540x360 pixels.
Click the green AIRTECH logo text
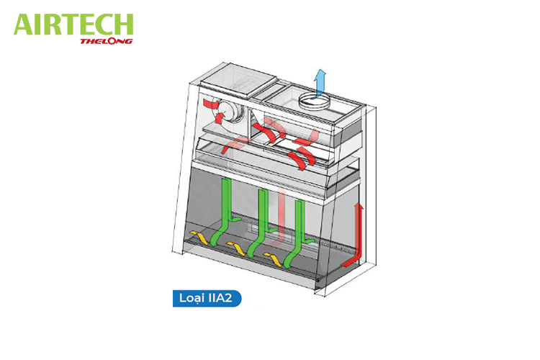[73, 24]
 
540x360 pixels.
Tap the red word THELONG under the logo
[107, 41]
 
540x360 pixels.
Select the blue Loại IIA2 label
[207, 298]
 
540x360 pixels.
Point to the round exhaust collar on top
[314, 102]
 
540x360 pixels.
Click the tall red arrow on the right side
[354, 235]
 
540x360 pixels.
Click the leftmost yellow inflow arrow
[199, 238]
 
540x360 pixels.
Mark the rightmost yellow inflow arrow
[273, 259]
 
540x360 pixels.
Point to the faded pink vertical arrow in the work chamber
[278, 216]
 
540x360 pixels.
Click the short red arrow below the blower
[220, 118]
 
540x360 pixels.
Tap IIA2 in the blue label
[219, 297]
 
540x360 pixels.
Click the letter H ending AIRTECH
[125, 24]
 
